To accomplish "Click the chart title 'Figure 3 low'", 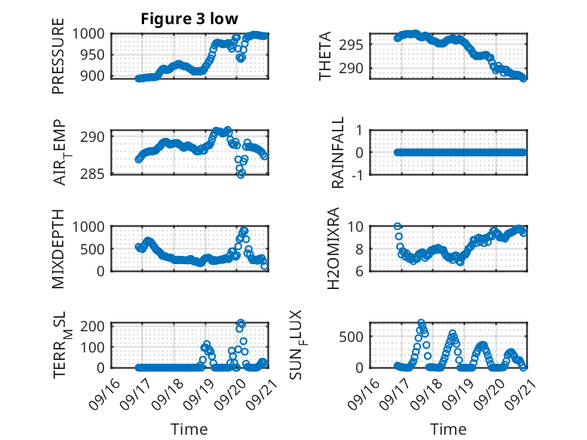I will (190, 19).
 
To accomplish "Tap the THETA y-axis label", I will (325, 57).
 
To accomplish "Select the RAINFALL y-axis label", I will (339, 152).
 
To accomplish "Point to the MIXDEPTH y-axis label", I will (58, 249).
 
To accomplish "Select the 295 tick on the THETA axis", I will (355, 44).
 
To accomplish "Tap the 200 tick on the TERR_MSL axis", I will (97, 325).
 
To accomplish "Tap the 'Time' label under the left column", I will (189, 429).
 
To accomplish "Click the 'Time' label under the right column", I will (448, 429).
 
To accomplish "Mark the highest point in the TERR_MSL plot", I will (241, 323).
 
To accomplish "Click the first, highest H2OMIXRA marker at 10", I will (398, 226).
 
